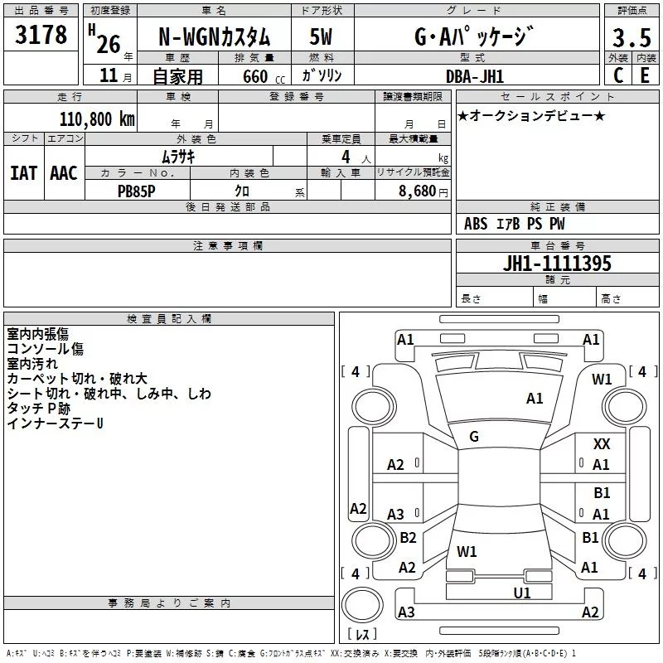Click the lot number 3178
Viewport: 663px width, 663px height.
click(41, 34)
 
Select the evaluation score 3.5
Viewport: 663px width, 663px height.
click(632, 37)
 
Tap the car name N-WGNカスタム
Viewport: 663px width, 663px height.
click(214, 36)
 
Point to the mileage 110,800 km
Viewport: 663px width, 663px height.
click(97, 119)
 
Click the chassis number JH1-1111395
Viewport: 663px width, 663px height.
click(557, 264)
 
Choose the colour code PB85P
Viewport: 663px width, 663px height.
click(136, 191)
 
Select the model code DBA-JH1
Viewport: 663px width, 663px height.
click(475, 76)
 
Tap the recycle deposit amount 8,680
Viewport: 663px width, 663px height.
click(417, 191)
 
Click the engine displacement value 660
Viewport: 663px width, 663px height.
click(255, 76)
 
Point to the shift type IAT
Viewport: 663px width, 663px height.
click(23, 173)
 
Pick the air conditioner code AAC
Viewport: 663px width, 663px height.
click(64, 173)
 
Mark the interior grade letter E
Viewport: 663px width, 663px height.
click(645, 75)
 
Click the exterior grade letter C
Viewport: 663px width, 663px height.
click(618, 75)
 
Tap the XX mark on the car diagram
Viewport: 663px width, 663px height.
click(602, 444)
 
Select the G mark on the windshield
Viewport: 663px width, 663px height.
click(474, 437)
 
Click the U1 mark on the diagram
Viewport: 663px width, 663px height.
click(522, 593)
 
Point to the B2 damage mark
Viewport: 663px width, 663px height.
click(408, 537)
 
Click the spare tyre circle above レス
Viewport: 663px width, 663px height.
click(362, 605)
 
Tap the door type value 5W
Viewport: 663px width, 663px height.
click(321, 36)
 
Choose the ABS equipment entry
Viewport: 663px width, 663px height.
click(476, 224)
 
